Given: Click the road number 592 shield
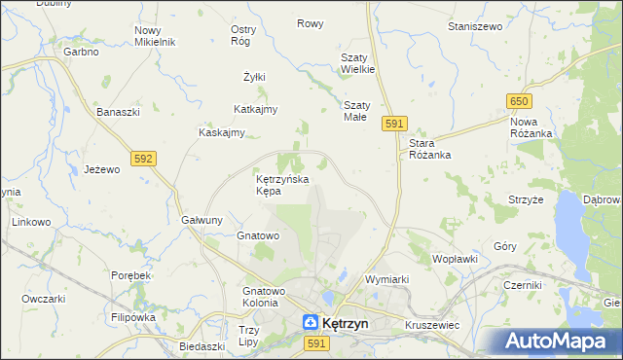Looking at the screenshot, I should pos(143,158).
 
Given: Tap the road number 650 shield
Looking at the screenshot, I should pos(518,102).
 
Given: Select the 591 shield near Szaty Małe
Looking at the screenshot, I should pos(393,124).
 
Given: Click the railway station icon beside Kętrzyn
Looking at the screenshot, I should pos(308,321).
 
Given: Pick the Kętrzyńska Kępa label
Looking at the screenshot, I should pos(281,185).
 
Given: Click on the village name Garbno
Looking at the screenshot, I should pos(82,52).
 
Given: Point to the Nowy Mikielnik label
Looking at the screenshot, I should pos(154,36).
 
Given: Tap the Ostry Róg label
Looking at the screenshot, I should pos(242,35).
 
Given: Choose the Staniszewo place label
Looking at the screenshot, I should pos(474,26).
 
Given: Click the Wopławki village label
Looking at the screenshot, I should pos(455,259).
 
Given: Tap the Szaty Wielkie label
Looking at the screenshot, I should pos(357,63).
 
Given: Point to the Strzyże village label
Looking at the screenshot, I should pos(525,199).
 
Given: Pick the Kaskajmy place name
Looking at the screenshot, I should pos(221,132).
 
